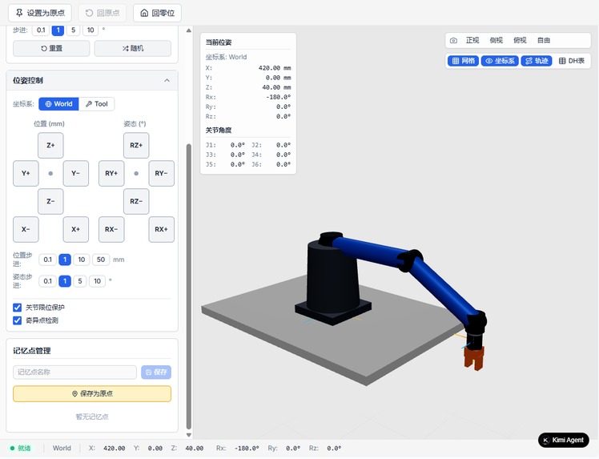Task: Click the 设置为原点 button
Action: pyautogui.click(x=39, y=13)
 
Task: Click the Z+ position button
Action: pyautogui.click(x=50, y=146)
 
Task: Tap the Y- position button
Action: pyautogui.click(x=75, y=173)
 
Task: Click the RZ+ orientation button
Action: pyautogui.click(x=136, y=146)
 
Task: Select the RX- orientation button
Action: pyautogui.click(x=111, y=229)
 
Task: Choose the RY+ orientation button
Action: pyautogui.click(x=111, y=173)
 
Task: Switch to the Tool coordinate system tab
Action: pyautogui.click(x=96, y=104)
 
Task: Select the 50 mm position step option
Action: pyautogui.click(x=101, y=260)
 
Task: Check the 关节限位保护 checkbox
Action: pyautogui.click(x=18, y=308)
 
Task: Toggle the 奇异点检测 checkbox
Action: pyautogui.click(x=18, y=320)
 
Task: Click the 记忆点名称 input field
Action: pyautogui.click(x=75, y=372)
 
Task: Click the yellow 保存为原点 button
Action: pyautogui.click(x=92, y=393)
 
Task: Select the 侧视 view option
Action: pyautogui.click(x=496, y=40)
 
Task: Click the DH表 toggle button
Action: pyautogui.click(x=572, y=61)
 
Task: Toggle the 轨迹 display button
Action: pyautogui.click(x=537, y=61)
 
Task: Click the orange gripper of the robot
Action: pyautogui.click(x=474, y=358)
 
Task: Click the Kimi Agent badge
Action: pyautogui.click(x=564, y=440)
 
